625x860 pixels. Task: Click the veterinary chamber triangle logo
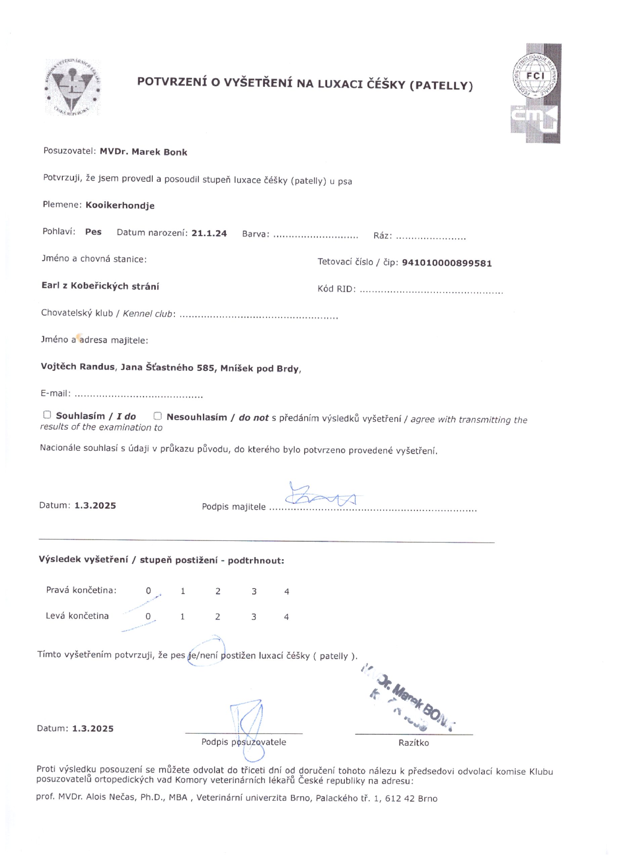pos(73,88)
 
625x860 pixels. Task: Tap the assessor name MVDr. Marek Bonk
pos(143,152)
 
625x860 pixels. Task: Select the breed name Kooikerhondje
pos(120,205)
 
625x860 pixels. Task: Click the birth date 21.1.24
pos(209,233)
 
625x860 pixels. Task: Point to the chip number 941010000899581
pos(446,263)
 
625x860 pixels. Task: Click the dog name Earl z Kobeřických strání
pos(100,286)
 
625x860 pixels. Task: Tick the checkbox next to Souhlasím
pos(47,415)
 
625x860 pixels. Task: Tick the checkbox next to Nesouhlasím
pos(157,416)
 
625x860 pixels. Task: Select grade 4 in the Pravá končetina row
pos(286,592)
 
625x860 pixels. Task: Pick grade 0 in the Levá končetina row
pos(148,616)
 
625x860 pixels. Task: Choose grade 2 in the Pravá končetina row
pos(218,591)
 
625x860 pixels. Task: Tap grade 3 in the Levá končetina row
pos(254,617)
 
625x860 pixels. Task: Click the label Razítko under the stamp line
pos(413,743)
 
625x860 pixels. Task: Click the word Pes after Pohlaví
pos(93,232)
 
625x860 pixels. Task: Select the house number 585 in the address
pos(206,368)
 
